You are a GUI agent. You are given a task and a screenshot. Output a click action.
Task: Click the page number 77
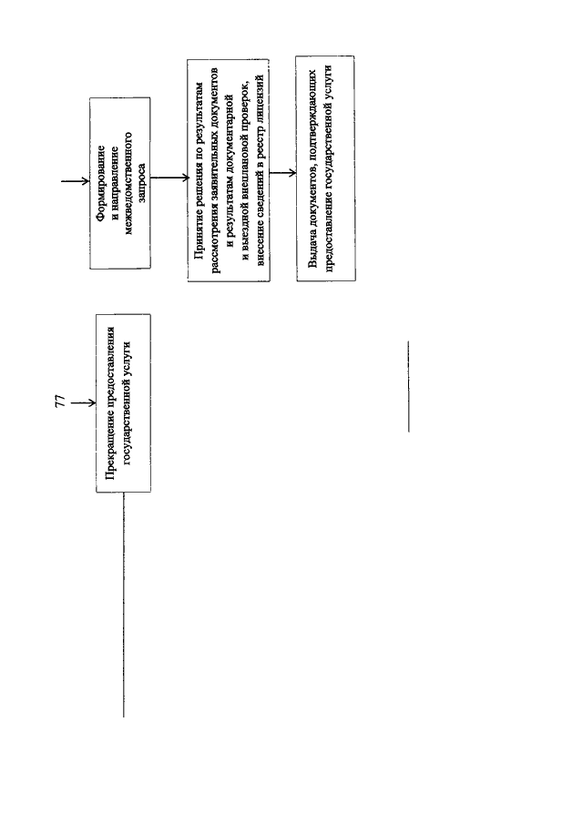point(60,401)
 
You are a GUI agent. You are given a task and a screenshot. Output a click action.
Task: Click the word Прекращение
point(110,447)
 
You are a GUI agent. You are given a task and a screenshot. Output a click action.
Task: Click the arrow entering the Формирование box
point(76,181)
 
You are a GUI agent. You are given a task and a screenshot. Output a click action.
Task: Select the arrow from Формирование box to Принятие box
point(169,178)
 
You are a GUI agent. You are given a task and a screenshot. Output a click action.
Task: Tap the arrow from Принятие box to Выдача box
point(282,173)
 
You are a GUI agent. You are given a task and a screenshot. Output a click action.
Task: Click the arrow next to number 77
point(84,403)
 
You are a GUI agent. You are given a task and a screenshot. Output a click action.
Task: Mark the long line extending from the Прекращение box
point(124,605)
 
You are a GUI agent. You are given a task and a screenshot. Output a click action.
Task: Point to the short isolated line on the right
point(408,387)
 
